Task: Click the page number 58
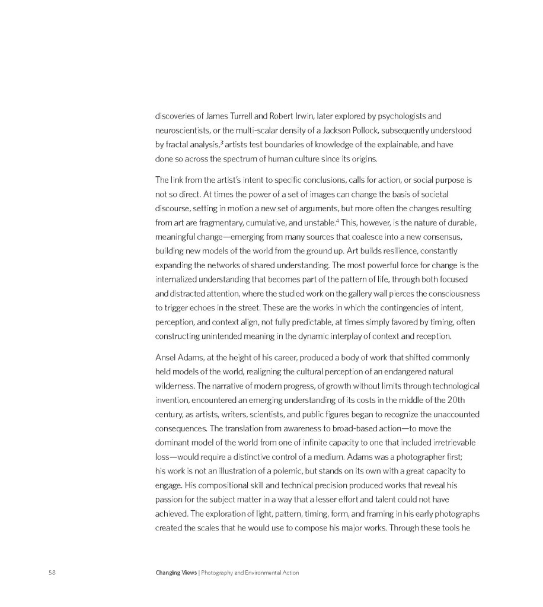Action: [52, 573]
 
